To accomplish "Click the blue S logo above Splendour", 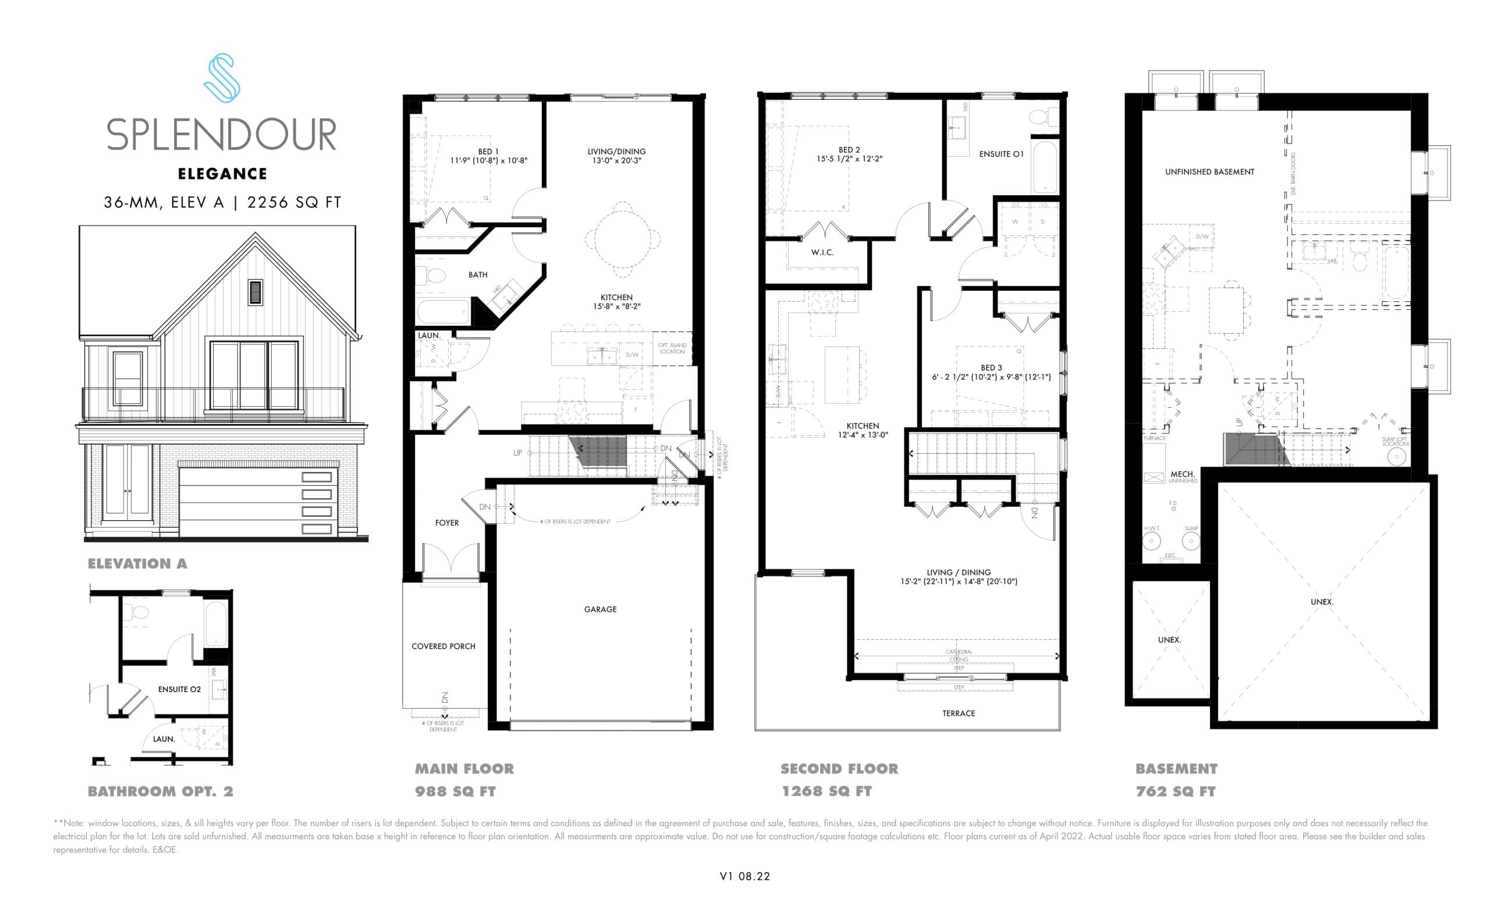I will click(221, 77).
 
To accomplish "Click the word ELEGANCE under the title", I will click(222, 174).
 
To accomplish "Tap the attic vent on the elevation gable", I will click(256, 292).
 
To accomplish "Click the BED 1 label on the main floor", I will click(488, 152).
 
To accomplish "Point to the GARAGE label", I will click(600, 609).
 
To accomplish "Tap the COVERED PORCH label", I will click(444, 646).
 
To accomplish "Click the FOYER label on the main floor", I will click(447, 523).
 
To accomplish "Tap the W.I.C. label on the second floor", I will click(822, 252).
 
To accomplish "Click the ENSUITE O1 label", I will click(1002, 154).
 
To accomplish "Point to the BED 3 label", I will click(991, 368).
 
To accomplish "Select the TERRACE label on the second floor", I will click(959, 714).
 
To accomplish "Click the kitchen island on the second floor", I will click(842, 375).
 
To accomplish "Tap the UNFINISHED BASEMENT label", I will click(1209, 172).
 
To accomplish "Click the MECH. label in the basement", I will click(1182, 474).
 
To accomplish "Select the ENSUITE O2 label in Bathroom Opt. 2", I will click(179, 689).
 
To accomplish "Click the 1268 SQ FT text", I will click(826, 792).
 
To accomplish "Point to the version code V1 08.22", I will click(744, 876).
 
